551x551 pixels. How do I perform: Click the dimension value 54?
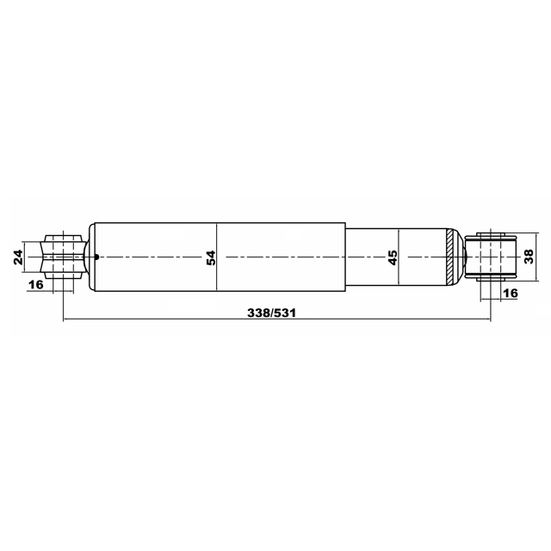(211, 257)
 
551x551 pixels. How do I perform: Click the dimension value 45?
(393, 257)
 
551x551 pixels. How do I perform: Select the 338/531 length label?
(272, 313)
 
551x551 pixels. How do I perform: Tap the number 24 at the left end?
(18, 257)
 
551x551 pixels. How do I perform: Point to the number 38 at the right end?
(529, 257)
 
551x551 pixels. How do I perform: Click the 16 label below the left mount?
(35, 284)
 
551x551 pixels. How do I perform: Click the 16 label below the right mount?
(511, 293)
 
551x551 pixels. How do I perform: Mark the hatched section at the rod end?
(449, 257)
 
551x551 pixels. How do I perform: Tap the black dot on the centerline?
(97, 257)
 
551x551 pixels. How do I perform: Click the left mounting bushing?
(63, 257)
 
